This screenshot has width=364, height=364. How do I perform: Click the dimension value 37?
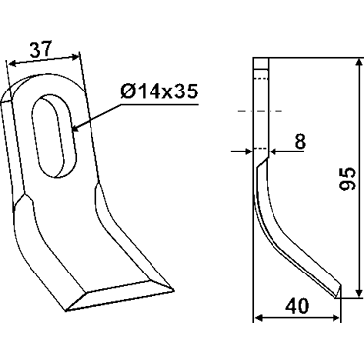[41, 50]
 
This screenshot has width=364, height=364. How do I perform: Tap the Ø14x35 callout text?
[159, 91]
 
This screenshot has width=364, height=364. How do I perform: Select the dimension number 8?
[300, 141]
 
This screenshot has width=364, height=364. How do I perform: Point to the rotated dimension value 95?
[347, 179]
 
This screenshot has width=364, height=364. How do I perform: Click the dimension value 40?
[297, 307]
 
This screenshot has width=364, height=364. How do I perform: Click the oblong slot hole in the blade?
[54, 136]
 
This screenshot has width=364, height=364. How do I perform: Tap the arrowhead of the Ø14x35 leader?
[75, 127]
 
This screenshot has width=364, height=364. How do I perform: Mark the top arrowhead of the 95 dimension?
[359, 63]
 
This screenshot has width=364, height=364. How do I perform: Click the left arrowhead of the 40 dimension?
[260, 318]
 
